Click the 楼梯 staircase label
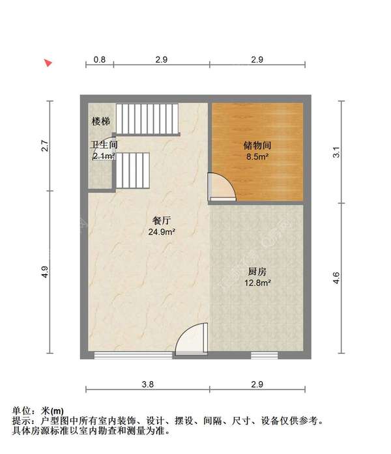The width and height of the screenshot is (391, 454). click(x=100, y=122)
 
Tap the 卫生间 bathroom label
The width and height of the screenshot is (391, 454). click(x=103, y=145)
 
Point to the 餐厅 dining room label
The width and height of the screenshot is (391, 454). click(x=162, y=220)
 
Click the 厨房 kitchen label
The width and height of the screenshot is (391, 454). click(x=256, y=272)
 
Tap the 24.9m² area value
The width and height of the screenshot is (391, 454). click(x=162, y=231)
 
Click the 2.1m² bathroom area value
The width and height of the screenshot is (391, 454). click(x=104, y=156)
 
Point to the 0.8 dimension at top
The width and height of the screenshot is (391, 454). click(x=99, y=59)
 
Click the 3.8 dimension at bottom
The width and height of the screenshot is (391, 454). click(x=148, y=385)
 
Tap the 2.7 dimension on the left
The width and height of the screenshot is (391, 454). click(x=45, y=146)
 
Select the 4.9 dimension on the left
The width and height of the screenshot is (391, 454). click(x=45, y=273)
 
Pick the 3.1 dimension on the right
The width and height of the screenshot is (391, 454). click(x=336, y=154)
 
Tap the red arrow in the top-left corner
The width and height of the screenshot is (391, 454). click(x=48, y=63)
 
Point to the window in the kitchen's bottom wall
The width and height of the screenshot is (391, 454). click(x=265, y=355)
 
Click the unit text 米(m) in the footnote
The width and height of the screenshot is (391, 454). click(x=53, y=411)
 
